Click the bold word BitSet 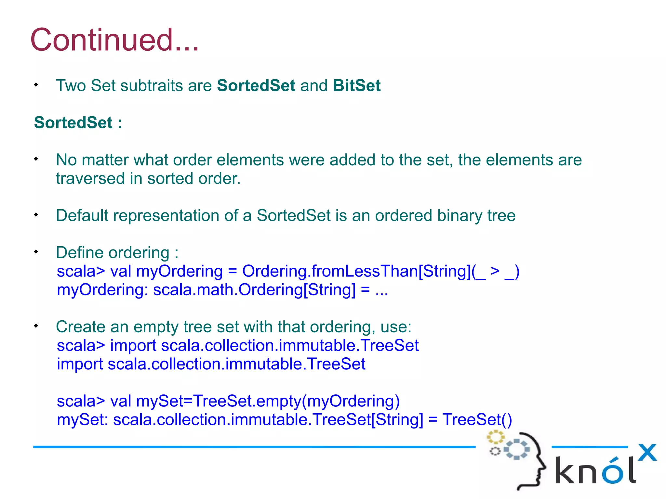pos(356,86)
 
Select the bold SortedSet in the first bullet pos(256,86)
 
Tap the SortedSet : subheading pos(78,123)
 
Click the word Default pos(82,216)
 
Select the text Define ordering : pos(117,253)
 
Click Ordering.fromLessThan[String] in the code pos(356,271)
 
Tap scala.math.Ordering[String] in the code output pos(254,290)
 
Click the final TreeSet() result pos(477,420)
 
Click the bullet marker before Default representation pos(36,215)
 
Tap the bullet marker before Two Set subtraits pos(36,85)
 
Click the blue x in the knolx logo pos(647,453)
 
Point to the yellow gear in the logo pos(495,437)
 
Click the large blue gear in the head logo pos(517,449)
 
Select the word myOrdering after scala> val pos(180,272)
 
